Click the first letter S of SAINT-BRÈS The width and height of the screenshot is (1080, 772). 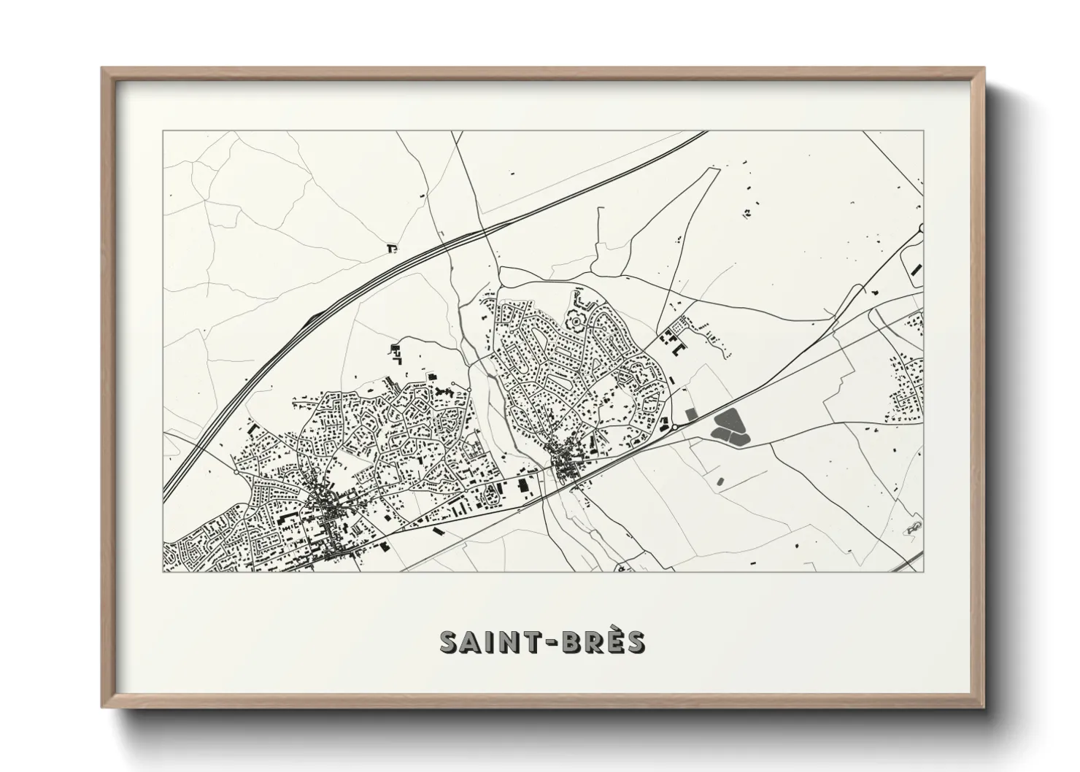[450, 642]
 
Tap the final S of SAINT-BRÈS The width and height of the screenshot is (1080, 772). [634, 642]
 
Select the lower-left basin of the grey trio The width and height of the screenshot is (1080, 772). [719, 434]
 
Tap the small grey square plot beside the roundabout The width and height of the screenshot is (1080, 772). [691, 414]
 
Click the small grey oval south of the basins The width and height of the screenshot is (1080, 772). [722, 481]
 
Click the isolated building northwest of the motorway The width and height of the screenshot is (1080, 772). [393, 249]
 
